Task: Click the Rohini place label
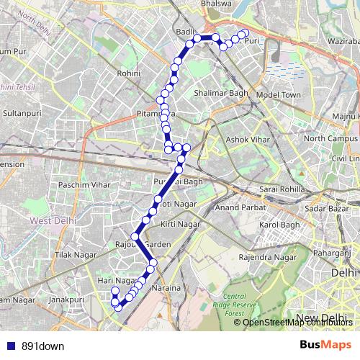coord(130,73)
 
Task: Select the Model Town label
coord(279,94)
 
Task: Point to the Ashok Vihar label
coord(248,139)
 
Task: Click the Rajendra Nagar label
coord(268,257)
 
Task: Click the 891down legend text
coord(43,346)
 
